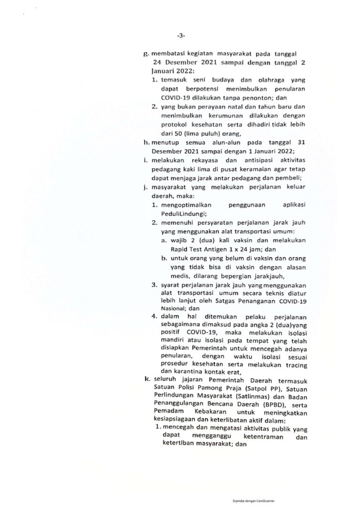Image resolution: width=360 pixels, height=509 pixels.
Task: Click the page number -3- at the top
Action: (x=180, y=36)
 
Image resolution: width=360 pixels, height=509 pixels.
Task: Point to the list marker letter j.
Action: (x=146, y=187)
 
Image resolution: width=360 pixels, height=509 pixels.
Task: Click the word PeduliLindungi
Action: (x=181, y=211)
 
